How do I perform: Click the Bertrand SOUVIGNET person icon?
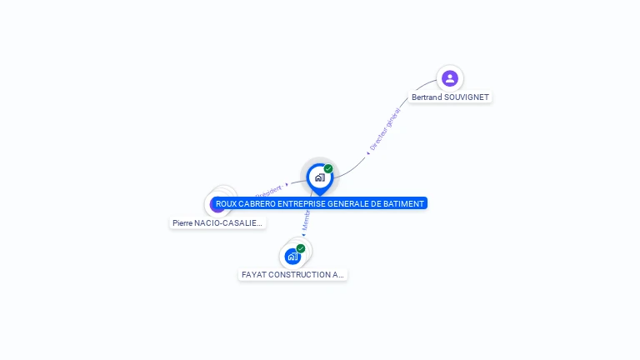(450, 78)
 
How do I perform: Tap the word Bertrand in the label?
(427, 97)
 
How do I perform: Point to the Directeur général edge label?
(386, 128)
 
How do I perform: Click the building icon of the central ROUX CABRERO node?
(319, 177)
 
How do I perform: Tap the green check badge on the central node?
(328, 169)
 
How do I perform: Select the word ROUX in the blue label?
(226, 203)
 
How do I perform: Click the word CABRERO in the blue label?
(257, 203)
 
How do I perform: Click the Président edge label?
(267, 189)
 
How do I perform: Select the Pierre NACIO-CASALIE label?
(217, 223)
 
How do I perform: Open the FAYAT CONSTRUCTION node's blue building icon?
(292, 256)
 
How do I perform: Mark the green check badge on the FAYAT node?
(301, 248)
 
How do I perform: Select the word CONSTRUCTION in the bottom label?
(299, 274)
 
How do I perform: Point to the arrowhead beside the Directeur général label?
(367, 153)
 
